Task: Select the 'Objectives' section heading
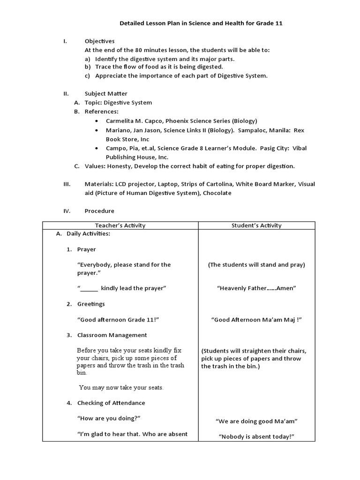click(x=99, y=41)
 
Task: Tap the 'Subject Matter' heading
click(x=105, y=93)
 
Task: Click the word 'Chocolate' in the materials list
click(x=217, y=193)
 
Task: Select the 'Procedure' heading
click(x=99, y=210)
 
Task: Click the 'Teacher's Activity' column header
click(x=120, y=225)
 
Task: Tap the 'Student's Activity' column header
click(x=256, y=225)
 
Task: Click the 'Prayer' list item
click(x=86, y=249)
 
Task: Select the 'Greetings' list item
click(x=91, y=304)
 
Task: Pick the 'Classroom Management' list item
click(x=112, y=335)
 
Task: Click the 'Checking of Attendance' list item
click(x=111, y=403)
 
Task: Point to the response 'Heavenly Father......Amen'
click(x=256, y=288)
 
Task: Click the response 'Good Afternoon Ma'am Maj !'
click(x=256, y=319)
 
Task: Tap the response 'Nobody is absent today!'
click(x=256, y=436)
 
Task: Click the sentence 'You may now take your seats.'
click(x=121, y=387)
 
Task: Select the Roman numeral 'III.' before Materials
click(x=67, y=184)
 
